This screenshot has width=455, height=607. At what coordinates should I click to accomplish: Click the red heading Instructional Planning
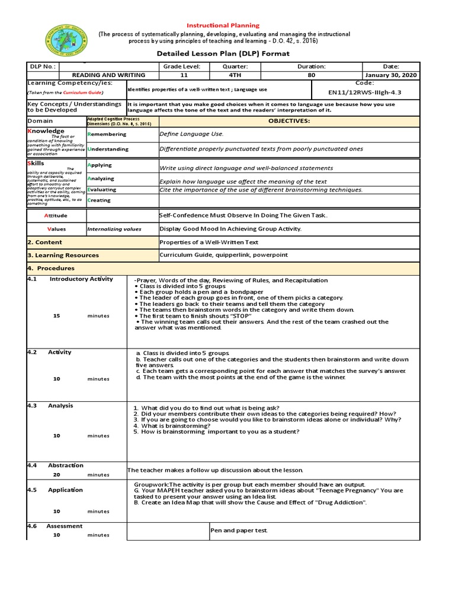tap(223, 25)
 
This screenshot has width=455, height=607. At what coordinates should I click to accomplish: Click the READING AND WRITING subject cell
tap(108, 75)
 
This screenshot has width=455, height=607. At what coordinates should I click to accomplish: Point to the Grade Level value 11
tap(182, 75)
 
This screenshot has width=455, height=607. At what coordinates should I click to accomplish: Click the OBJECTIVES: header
tap(289, 120)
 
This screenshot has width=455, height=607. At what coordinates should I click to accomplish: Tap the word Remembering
tap(107, 135)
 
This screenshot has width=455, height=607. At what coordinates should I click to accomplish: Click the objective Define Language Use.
tap(191, 135)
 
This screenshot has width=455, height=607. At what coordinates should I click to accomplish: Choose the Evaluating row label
tap(102, 190)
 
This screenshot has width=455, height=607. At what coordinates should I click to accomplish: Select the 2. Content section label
tap(44, 242)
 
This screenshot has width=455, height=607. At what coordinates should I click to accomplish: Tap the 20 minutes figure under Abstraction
tap(57, 475)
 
